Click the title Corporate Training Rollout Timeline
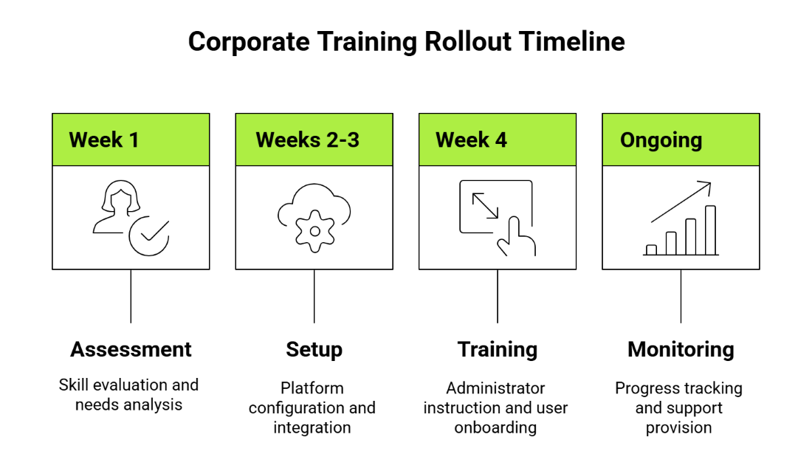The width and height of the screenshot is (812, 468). click(x=406, y=41)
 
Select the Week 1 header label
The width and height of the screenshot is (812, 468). click(x=104, y=140)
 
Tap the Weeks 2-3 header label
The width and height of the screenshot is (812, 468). click(x=307, y=140)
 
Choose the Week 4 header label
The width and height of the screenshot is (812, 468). click(x=471, y=140)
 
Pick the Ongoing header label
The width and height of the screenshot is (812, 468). click(x=661, y=140)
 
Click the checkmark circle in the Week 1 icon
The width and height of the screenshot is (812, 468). click(x=149, y=235)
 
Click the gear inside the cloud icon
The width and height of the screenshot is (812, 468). click(x=314, y=231)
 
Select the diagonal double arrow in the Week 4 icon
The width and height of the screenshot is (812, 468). click(x=485, y=206)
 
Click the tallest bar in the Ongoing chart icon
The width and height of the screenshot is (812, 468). click(x=710, y=230)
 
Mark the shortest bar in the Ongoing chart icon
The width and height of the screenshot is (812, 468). click(x=651, y=250)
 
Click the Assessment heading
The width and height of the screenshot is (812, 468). click(x=131, y=349)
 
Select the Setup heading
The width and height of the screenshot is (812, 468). click(x=314, y=349)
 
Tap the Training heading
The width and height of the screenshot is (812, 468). click(x=498, y=349)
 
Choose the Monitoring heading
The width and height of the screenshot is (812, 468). click(x=681, y=349)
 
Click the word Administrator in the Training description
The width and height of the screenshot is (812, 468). click(x=495, y=388)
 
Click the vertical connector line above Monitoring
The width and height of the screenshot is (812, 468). click(x=681, y=296)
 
